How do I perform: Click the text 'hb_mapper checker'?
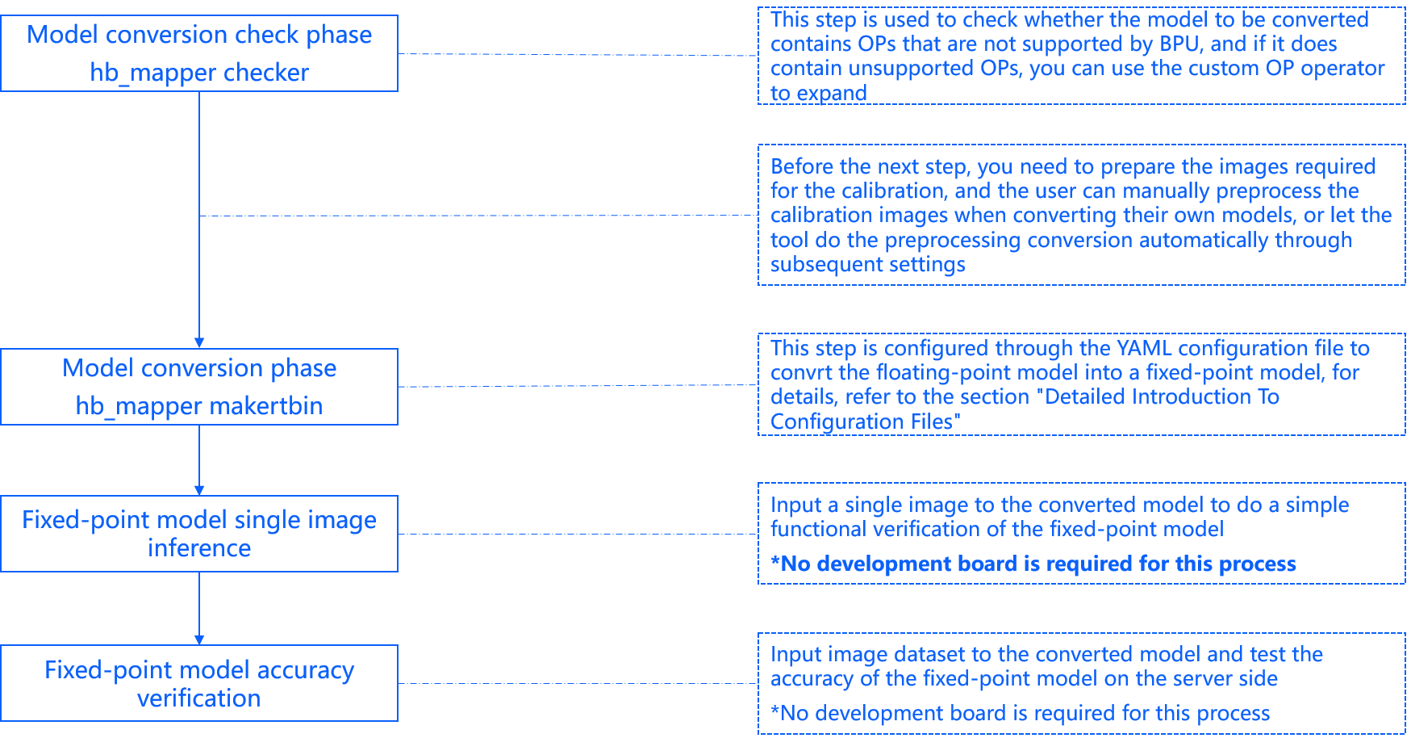(199, 73)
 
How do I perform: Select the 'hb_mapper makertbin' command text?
(199, 405)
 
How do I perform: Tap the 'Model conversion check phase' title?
(199, 35)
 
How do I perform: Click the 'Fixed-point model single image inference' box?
(199, 534)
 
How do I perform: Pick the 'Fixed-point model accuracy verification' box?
(199, 683)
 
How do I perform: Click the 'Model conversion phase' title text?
(199, 368)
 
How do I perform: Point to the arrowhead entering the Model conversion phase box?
(199, 343)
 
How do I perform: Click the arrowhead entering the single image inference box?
(199, 490)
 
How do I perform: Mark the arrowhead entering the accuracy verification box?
(199, 639)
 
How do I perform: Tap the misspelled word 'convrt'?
(801, 372)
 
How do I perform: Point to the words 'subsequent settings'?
(868, 265)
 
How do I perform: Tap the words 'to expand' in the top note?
(819, 94)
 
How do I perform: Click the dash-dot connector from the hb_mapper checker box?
(578, 55)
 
